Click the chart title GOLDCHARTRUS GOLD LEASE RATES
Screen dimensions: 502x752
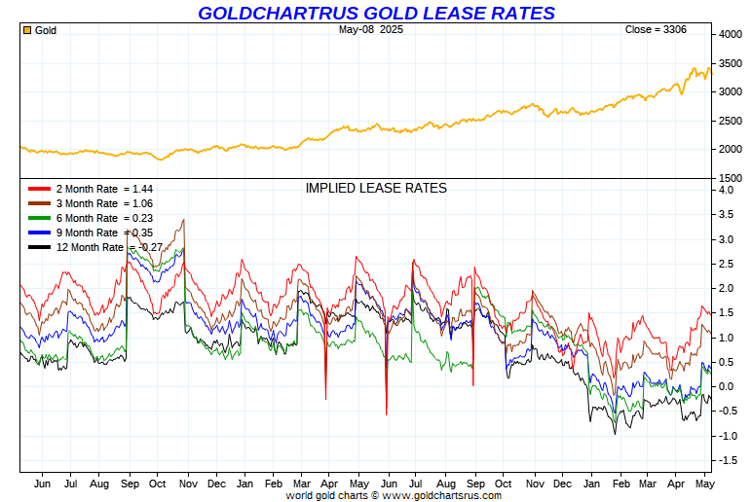(x=376, y=13)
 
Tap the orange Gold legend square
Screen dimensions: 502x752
(x=26, y=30)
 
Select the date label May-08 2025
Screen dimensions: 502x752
(x=371, y=29)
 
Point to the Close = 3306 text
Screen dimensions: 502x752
(x=656, y=29)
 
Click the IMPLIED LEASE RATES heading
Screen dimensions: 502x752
(x=376, y=188)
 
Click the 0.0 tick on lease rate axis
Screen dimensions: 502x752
(x=726, y=386)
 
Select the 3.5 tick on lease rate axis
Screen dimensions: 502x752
(x=726, y=214)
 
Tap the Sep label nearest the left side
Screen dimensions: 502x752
(x=130, y=484)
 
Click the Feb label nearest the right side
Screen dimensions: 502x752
(x=619, y=484)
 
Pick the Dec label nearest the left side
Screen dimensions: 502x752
(x=216, y=484)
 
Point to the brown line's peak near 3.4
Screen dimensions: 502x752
(x=183, y=220)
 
